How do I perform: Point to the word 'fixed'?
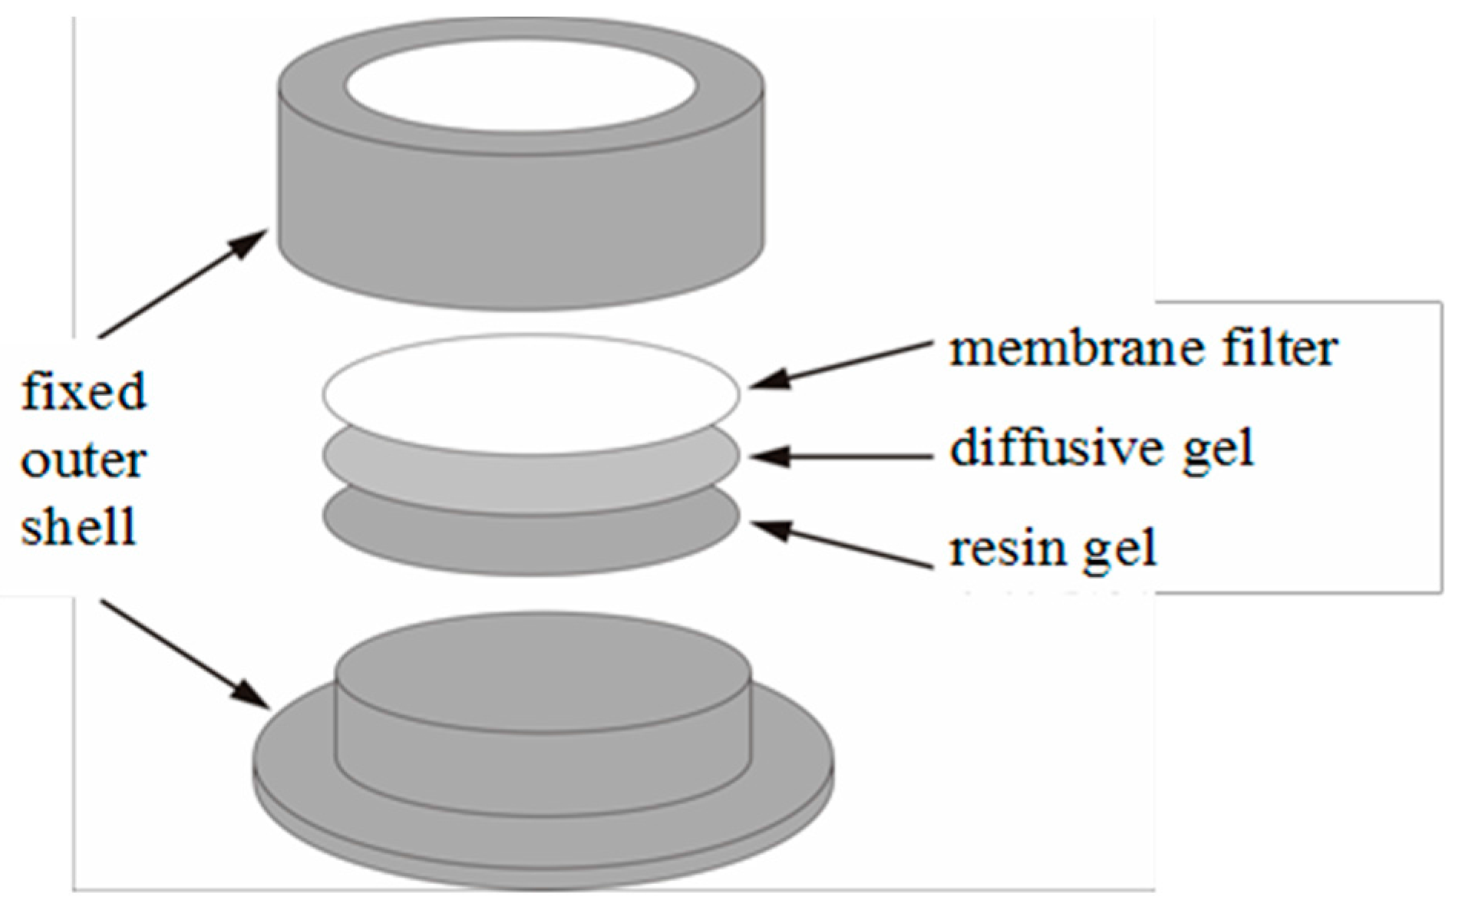(83, 391)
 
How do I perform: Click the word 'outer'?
(83, 460)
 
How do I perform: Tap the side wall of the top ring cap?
(520, 215)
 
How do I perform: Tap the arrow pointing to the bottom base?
(184, 652)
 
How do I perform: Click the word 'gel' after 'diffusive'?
(1216, 448)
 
